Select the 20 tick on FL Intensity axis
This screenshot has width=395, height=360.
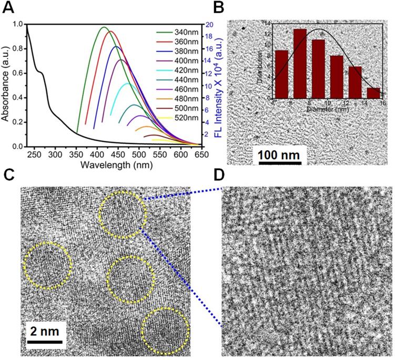tap(209, 24)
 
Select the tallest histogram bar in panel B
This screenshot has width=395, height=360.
tap(300, 64)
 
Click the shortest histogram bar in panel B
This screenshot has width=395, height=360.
tap(373, 93)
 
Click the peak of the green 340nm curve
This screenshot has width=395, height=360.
tap(104, 27)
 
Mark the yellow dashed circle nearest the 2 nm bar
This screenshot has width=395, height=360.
tap(48, 265)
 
